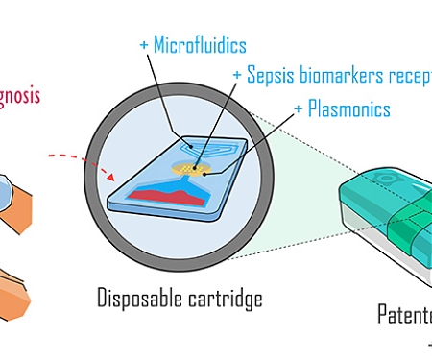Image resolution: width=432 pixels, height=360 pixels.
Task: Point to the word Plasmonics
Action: pyautogui.click(x=350, y=108)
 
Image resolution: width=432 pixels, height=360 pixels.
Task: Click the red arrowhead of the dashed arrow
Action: pyautogui.click(x=116, y=176)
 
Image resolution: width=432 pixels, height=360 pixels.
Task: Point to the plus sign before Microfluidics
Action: pyautogui.click(x=144, y=45)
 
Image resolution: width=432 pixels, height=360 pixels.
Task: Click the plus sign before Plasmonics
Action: pyautogui.click(x=300, y=108)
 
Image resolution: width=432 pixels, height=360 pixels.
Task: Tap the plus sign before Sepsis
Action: pyautogui.click(x=237, y=75)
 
